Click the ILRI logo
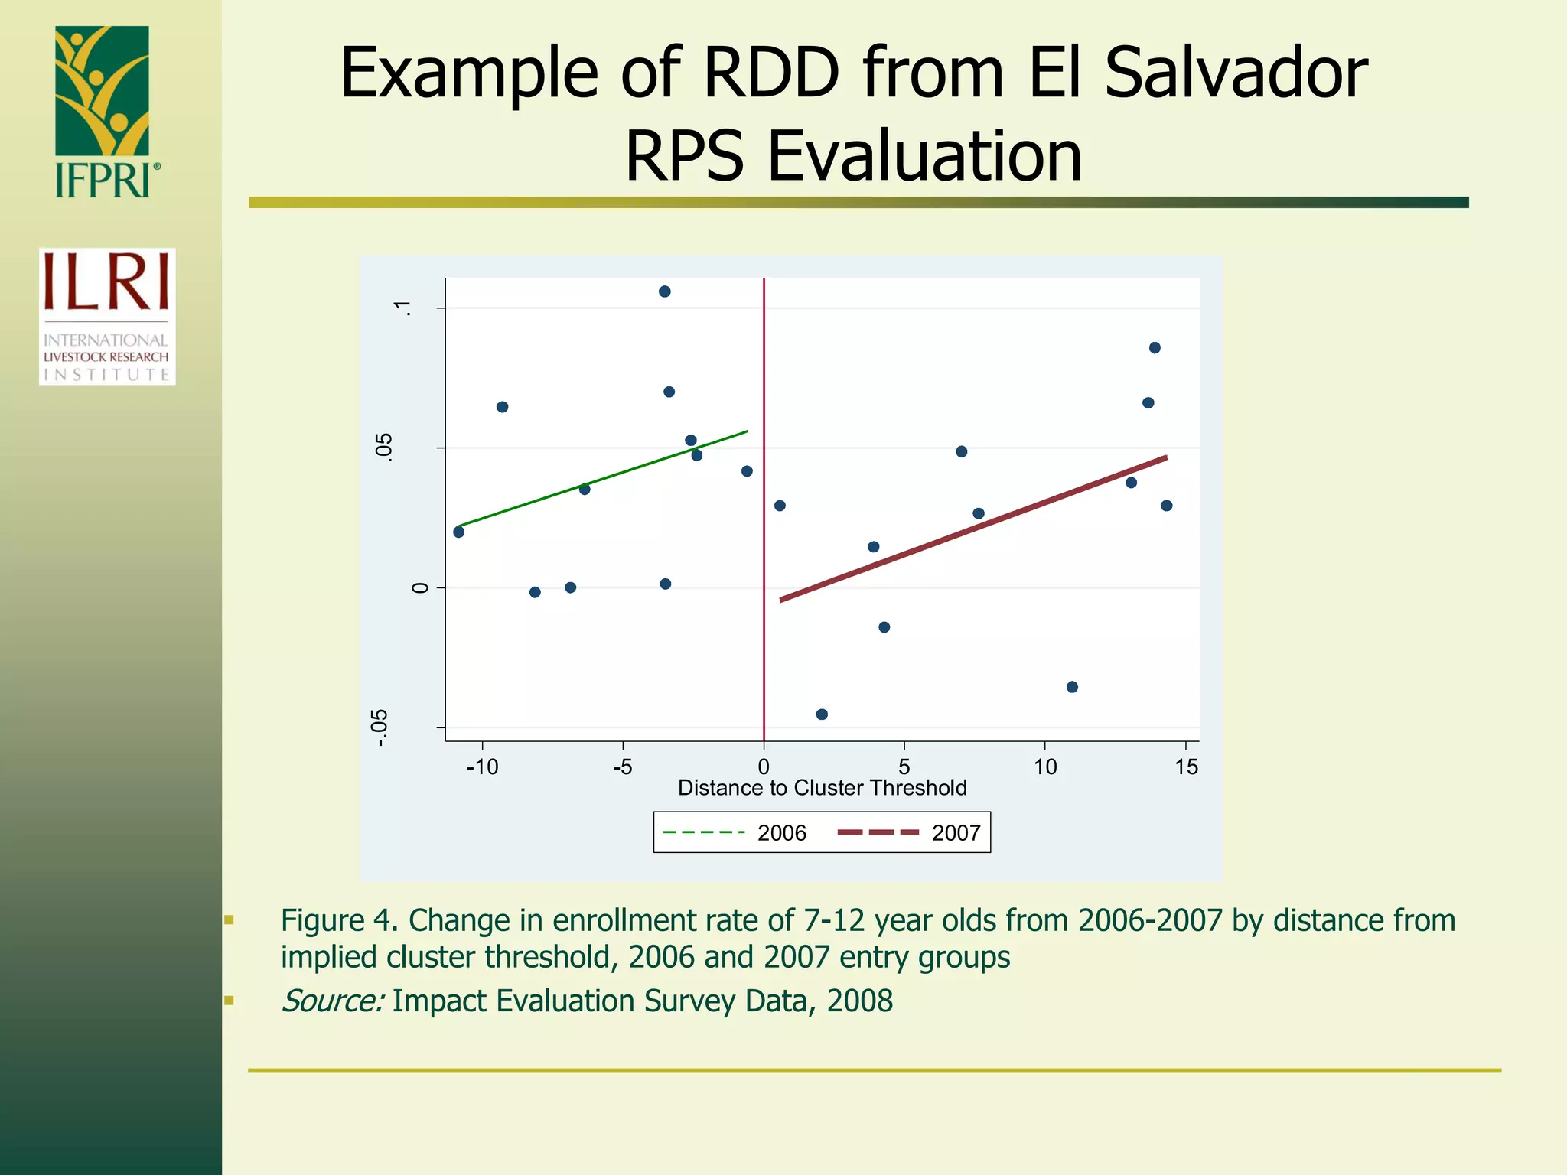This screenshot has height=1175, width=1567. tap(107, 316)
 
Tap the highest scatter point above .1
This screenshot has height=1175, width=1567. tap(665, 291)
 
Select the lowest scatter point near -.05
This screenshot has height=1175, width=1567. tap(822, 714)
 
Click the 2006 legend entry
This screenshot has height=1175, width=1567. tap(735, 833)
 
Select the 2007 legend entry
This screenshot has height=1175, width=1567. tap(911, 833)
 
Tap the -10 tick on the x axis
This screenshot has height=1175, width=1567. tap(482, 767)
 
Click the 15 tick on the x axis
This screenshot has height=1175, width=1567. tap(1186, 767)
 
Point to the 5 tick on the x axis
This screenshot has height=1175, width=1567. tap(904, 767)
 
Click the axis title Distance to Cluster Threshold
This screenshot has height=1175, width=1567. tap(822, 788)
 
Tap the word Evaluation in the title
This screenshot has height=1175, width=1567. tap(924, 156)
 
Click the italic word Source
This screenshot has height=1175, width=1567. tap(331, 1001)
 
